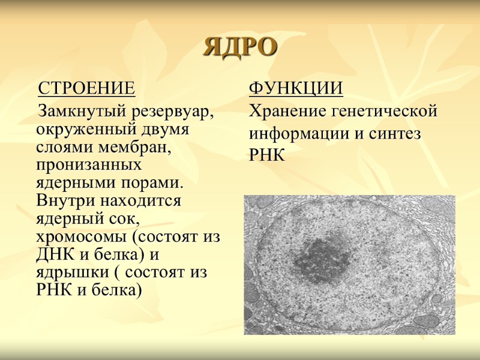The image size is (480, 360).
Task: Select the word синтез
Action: point(396,134)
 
